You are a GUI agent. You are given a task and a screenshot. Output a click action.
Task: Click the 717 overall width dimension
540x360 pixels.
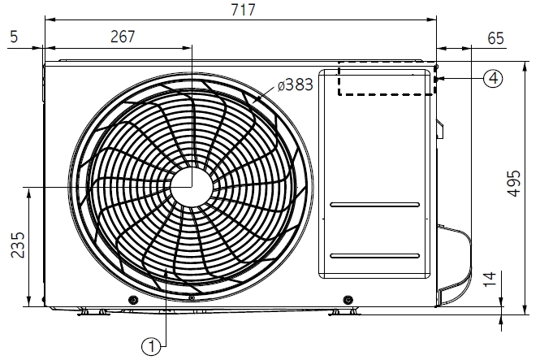243,10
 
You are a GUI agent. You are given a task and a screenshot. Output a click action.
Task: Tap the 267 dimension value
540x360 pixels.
123,37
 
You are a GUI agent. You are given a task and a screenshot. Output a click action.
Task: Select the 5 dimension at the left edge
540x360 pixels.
14,37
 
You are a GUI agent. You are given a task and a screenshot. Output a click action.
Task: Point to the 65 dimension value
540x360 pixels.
495,38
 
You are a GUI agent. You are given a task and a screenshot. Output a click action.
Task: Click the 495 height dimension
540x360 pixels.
514,184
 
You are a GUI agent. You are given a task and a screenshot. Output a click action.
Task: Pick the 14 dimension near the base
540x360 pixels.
490,279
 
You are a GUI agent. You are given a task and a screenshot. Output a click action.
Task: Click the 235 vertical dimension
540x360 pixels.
18,245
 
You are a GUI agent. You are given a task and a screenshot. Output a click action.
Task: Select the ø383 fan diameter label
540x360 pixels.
296,85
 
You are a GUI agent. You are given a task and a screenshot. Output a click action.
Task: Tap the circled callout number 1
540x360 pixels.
151,346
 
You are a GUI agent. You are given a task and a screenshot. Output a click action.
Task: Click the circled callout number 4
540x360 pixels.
493,78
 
